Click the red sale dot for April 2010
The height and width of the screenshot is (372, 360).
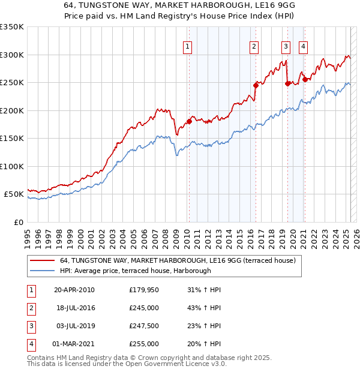[189, 121]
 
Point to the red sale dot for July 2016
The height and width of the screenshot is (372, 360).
[256, 85]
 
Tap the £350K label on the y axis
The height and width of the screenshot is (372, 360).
[12, 27]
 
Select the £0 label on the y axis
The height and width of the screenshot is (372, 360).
[18, 222]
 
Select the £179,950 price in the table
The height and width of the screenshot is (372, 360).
[144, 290]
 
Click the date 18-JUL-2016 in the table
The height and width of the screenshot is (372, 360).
[76, 308]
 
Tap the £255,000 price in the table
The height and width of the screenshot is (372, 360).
[144, 344]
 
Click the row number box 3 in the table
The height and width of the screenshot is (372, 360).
[31, 326]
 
